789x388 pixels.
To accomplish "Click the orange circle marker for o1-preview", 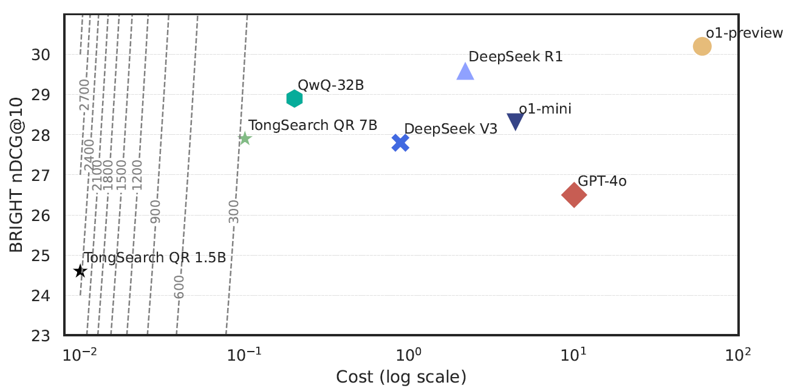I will click(x=702, y=46).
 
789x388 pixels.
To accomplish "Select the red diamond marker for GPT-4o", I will click(x=574, y=195).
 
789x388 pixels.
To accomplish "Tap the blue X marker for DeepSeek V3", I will click(x=400, y=143).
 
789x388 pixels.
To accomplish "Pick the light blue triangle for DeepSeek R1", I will click(x=465, y=72).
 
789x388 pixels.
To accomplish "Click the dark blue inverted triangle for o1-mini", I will click(x=515, y=122).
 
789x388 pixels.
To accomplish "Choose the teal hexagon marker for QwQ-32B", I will click(x=295, y=98).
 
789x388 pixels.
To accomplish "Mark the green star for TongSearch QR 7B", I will click(x=245, y=139).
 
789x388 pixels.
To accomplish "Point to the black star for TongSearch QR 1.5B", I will click(x=80, y=271).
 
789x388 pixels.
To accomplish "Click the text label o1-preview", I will click(x=745, y=33).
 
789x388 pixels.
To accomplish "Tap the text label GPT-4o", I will click(x=602, y=180).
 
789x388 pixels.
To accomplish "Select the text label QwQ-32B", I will click(x=331, y=85).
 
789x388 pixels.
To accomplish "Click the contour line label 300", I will click(x=234, y=211).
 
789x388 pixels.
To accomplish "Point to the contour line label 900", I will click(x=155, y=211).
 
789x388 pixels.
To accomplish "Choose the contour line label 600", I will click(x=179, y=287).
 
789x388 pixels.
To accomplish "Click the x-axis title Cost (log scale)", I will click(x=401, y=376).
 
